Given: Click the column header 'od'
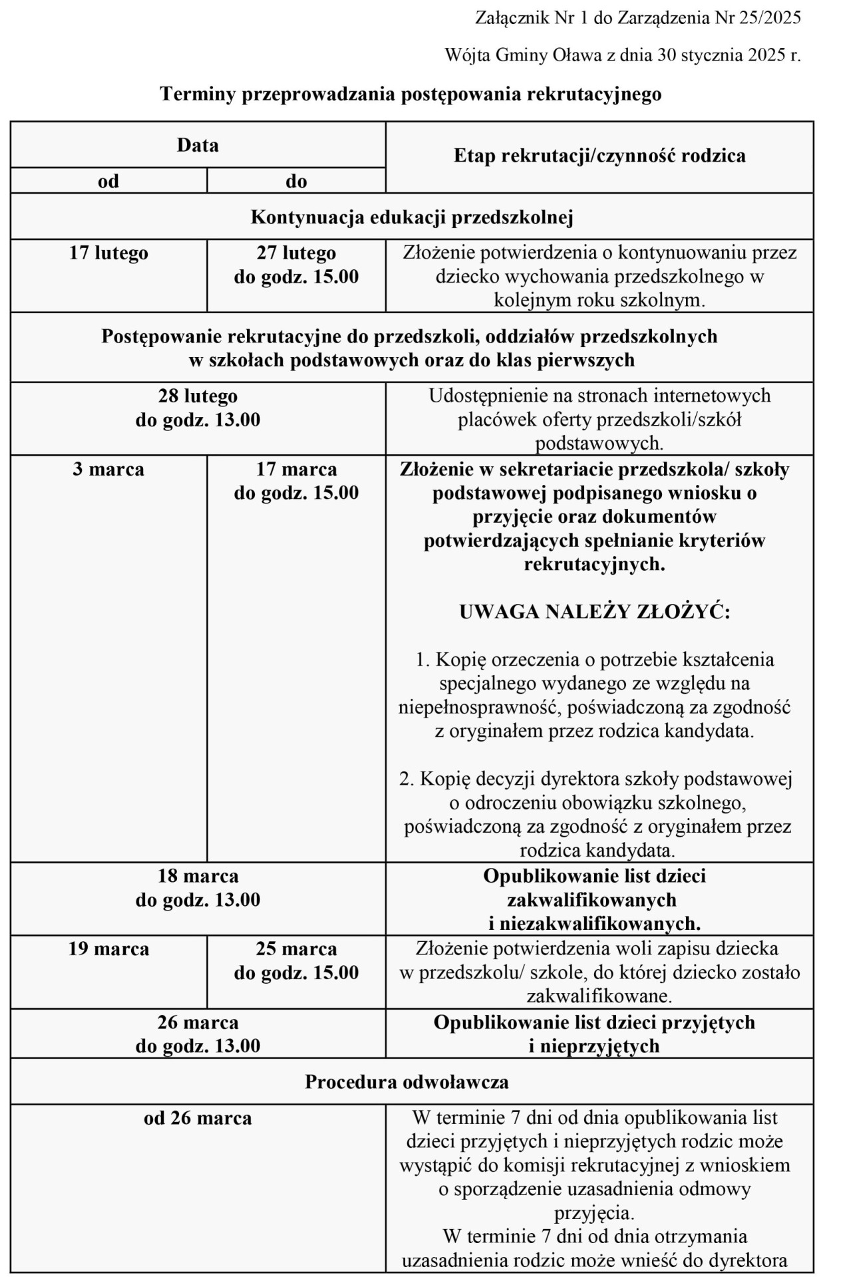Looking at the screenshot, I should click(108, 181).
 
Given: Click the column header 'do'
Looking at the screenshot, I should click(296, 181).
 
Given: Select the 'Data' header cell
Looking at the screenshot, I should click(198, 145).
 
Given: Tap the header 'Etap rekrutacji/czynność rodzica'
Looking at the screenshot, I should click(599, 156).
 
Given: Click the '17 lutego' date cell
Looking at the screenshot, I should click(108, 253).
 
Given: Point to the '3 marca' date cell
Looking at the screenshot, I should click(108, 470).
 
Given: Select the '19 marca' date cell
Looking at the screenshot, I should click(108, 949).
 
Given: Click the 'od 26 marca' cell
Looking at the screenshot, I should click(198, 1119).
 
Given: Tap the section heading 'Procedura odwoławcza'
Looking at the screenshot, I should click(407, 1082).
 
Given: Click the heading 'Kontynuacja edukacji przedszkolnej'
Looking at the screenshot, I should click(412, 217).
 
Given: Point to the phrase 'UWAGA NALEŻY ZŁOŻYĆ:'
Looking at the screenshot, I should click(595, 612).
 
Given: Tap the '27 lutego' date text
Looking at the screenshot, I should click(296, 253).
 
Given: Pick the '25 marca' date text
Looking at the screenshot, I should click(296, 949).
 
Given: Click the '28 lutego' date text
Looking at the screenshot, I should click(198, 396).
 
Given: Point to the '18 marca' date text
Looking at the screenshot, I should click(198, 876).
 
